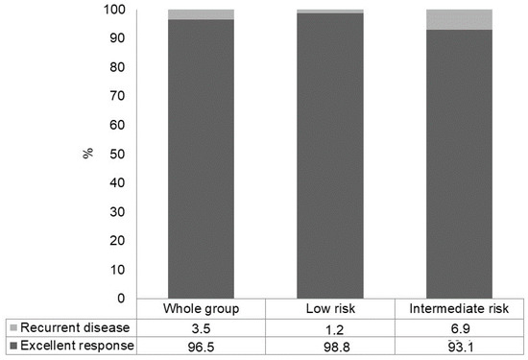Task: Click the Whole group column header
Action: point(200,309)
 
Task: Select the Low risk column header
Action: point(329,309)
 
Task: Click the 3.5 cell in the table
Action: point(200,327)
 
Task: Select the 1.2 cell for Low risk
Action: point(329,327)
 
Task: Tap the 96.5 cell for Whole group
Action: point(200,345)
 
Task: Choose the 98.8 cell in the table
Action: point(329,345)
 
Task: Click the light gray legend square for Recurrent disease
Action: point(10,327)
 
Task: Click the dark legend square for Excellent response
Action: point(10,345)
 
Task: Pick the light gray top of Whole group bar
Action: point(200,14)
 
